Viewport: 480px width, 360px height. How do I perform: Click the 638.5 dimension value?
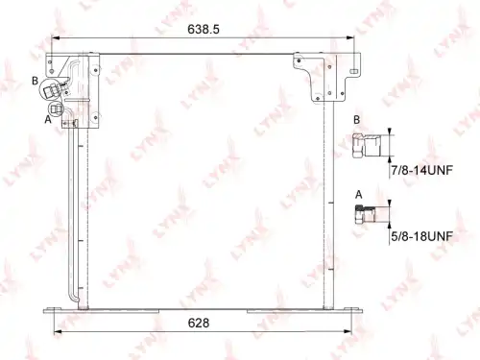(x=204, y=29)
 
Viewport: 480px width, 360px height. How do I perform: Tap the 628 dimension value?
(x=199, y=323)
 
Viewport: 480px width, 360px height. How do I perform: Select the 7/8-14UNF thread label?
(x=421, y=170)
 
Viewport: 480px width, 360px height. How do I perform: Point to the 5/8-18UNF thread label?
(x=421, y=236)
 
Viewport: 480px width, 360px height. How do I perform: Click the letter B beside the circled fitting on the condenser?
(x=36, y=81)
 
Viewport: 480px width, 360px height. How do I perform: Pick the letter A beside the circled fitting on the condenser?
(x=48, y=120)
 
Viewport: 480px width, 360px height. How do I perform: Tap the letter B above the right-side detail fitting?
(x=356, y=120)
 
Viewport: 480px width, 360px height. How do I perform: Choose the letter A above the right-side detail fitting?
(x=359, y=194)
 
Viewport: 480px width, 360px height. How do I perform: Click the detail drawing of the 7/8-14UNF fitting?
(x=367, y=146)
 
